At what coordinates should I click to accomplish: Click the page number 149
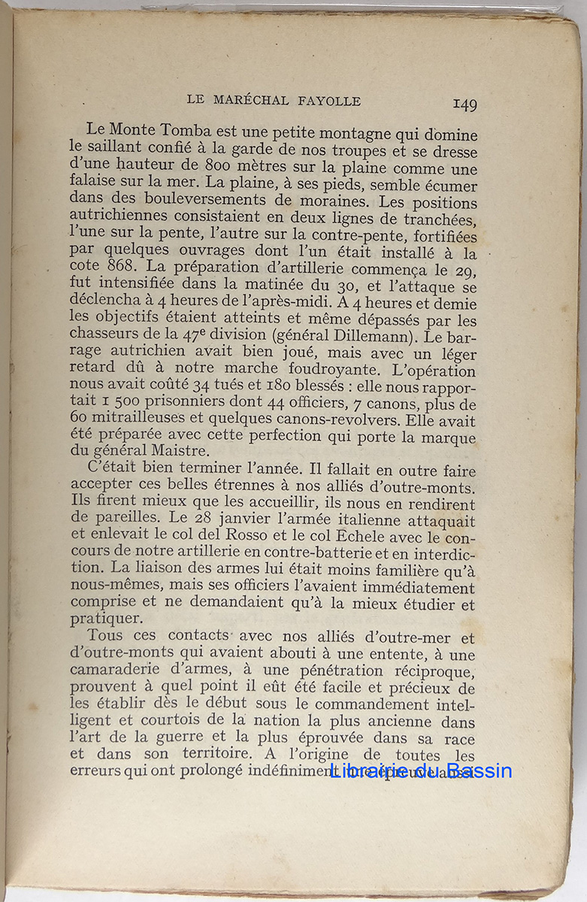click(464, 104)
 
